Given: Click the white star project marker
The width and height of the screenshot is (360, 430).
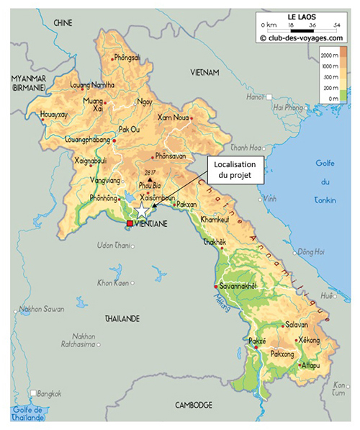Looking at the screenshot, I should (x=143, y=210).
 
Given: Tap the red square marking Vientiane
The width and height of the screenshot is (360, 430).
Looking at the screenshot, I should (x=130, y=224).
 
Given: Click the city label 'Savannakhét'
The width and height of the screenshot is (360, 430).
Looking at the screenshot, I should (x=238, y=286).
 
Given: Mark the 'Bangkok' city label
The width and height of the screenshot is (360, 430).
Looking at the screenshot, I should (x=50, y=393).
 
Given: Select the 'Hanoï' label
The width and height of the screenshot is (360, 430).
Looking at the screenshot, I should (x=255, y=97).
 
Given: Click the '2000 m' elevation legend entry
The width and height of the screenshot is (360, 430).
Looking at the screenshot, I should (x=329, y=55).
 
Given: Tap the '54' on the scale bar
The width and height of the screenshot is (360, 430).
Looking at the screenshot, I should (x=338, y=25).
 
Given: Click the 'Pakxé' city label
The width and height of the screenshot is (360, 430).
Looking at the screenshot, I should (x=257, y=340).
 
